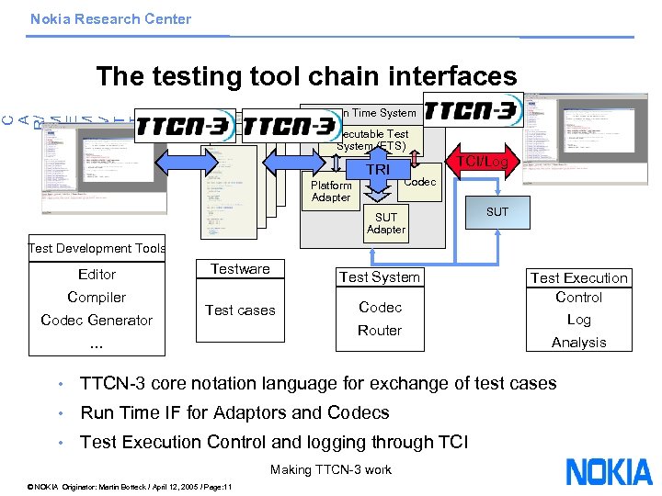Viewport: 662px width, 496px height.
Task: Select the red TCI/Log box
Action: pos(485,161)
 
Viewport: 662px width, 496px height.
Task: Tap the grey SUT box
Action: pos(496,211)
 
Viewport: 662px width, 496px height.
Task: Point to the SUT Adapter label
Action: pos(385,223)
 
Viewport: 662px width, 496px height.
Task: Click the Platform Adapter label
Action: pos(331,191)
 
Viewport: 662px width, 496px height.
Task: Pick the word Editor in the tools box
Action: pos(97,274)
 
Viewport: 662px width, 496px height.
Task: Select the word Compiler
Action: pos(97,297)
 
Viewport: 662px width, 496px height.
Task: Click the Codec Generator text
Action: pos(97,320)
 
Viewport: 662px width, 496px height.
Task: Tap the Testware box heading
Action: pos(240,269)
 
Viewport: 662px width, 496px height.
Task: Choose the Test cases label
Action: pos(240,310)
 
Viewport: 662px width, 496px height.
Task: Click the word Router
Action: pos(380,330)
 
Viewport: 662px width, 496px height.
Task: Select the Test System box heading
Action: pos(380,277)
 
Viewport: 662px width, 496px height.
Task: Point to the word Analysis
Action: pos(578,342)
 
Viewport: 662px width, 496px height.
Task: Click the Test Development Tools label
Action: pos(97,248)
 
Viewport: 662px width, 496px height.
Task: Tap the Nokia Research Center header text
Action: pos(110,18)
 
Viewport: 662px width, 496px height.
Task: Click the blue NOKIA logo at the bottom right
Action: pos(609,471)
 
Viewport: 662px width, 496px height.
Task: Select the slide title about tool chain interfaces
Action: pos(306,75)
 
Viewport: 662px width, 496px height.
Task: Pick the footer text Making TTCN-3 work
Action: pos(331,469)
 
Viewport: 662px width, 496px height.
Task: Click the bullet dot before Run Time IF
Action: pos(59,413)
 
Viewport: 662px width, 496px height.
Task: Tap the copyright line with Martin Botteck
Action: pos(131,486)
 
